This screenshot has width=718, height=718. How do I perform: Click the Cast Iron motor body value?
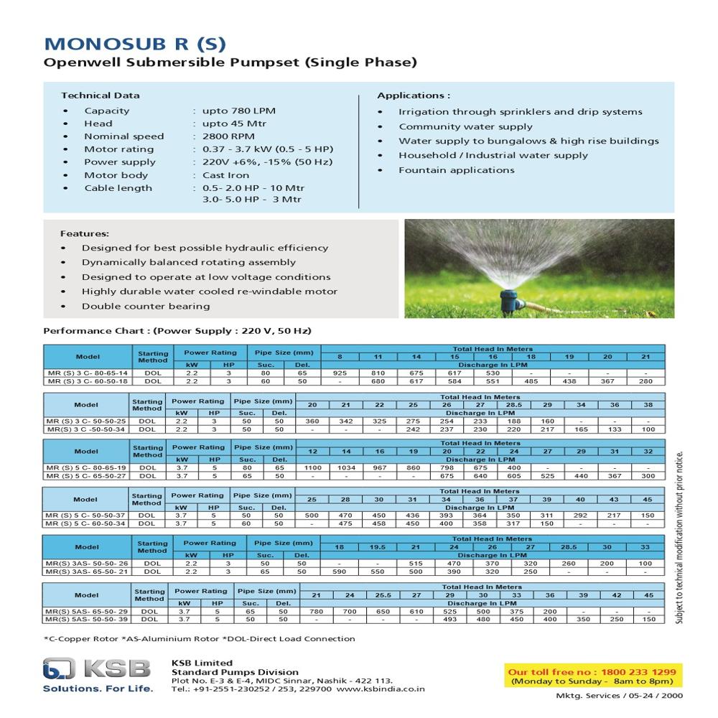[x=225, y=175]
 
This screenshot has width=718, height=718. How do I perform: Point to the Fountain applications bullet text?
[x=457, y=170]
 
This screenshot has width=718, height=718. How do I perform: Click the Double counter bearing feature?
[x=146, y=306]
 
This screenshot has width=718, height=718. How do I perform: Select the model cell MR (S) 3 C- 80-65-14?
[x=87, y=373]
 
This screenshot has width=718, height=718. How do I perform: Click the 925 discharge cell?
[x=340, y=373]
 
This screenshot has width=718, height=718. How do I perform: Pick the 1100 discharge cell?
[x=313, y=467]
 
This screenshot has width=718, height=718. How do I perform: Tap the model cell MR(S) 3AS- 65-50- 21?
[x=86, y=572]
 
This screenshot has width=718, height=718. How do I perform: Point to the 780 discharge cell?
[x=316, y=611]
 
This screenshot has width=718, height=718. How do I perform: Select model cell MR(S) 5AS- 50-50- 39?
[x=86, y=619]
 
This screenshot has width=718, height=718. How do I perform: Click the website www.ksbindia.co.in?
[x=381, y=688]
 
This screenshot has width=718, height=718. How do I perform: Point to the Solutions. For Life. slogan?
[x=98, y=689]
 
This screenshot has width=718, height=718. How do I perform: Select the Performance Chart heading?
[x=177, y=331]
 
